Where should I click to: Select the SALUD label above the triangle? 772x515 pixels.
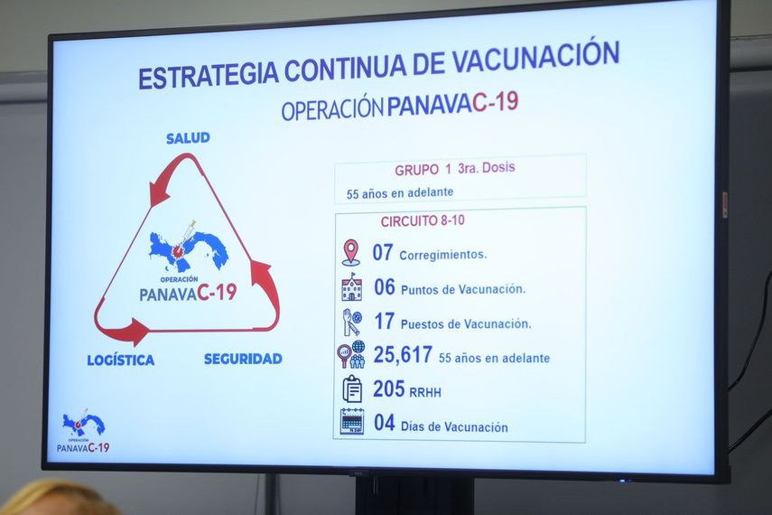pos(188,138)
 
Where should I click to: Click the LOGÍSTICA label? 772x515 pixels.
pos(120,360)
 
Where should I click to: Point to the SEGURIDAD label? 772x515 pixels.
pos(243,359)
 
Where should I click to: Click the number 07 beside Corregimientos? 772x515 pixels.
pos(383,252)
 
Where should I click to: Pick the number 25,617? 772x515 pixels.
pos(403,355)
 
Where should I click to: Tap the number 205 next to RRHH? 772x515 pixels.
pos(389,389)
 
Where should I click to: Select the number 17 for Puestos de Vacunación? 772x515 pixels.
pos(385,321)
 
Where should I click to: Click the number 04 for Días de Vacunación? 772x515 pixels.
pos(385,423)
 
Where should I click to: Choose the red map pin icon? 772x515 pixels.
pos(350,252)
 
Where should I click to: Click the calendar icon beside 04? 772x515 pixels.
pos(352,422)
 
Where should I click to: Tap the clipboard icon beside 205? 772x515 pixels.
pos(352,389)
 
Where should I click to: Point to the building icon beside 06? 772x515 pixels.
pos(351,287)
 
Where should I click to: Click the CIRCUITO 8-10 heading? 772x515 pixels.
pos(423,220)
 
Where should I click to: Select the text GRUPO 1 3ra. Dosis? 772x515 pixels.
pos(454,169)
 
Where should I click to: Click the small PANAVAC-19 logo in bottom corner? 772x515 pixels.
pos(83,432)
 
